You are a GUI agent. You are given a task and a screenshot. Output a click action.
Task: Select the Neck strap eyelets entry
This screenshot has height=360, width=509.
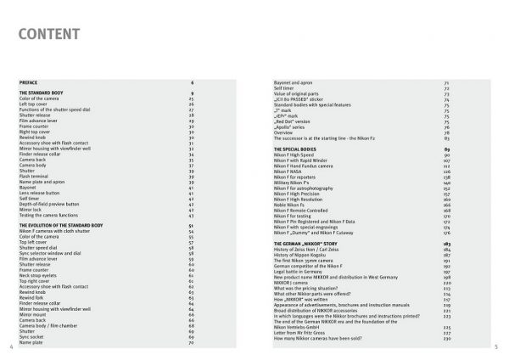36,276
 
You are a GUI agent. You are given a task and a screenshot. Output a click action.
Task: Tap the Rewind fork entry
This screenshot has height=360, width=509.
31,299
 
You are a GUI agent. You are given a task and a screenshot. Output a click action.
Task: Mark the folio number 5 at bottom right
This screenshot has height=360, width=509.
495,347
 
